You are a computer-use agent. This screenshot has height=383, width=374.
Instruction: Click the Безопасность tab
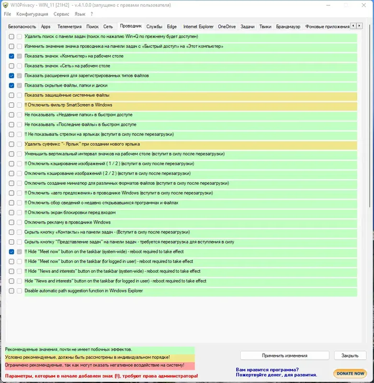22,27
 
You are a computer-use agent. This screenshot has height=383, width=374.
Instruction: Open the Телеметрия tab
69,27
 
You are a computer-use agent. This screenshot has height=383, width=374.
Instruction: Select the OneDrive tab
227,27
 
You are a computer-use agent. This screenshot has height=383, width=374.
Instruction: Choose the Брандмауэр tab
288,27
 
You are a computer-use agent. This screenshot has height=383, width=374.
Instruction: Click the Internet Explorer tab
198,27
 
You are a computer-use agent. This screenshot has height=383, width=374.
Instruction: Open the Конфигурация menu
32,14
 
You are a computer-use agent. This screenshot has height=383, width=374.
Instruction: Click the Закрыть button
350,356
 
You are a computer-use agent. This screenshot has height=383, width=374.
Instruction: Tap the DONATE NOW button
350,373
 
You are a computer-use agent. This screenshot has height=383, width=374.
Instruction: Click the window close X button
363,5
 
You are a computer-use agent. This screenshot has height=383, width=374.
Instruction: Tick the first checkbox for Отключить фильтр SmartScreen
11,105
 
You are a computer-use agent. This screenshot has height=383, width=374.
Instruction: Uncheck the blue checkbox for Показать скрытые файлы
11,85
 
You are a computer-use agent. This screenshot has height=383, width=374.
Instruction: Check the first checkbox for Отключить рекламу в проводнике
11,222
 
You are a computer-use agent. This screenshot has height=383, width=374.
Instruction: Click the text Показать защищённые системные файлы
67,95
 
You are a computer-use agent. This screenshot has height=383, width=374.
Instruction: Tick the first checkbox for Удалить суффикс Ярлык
11,144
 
